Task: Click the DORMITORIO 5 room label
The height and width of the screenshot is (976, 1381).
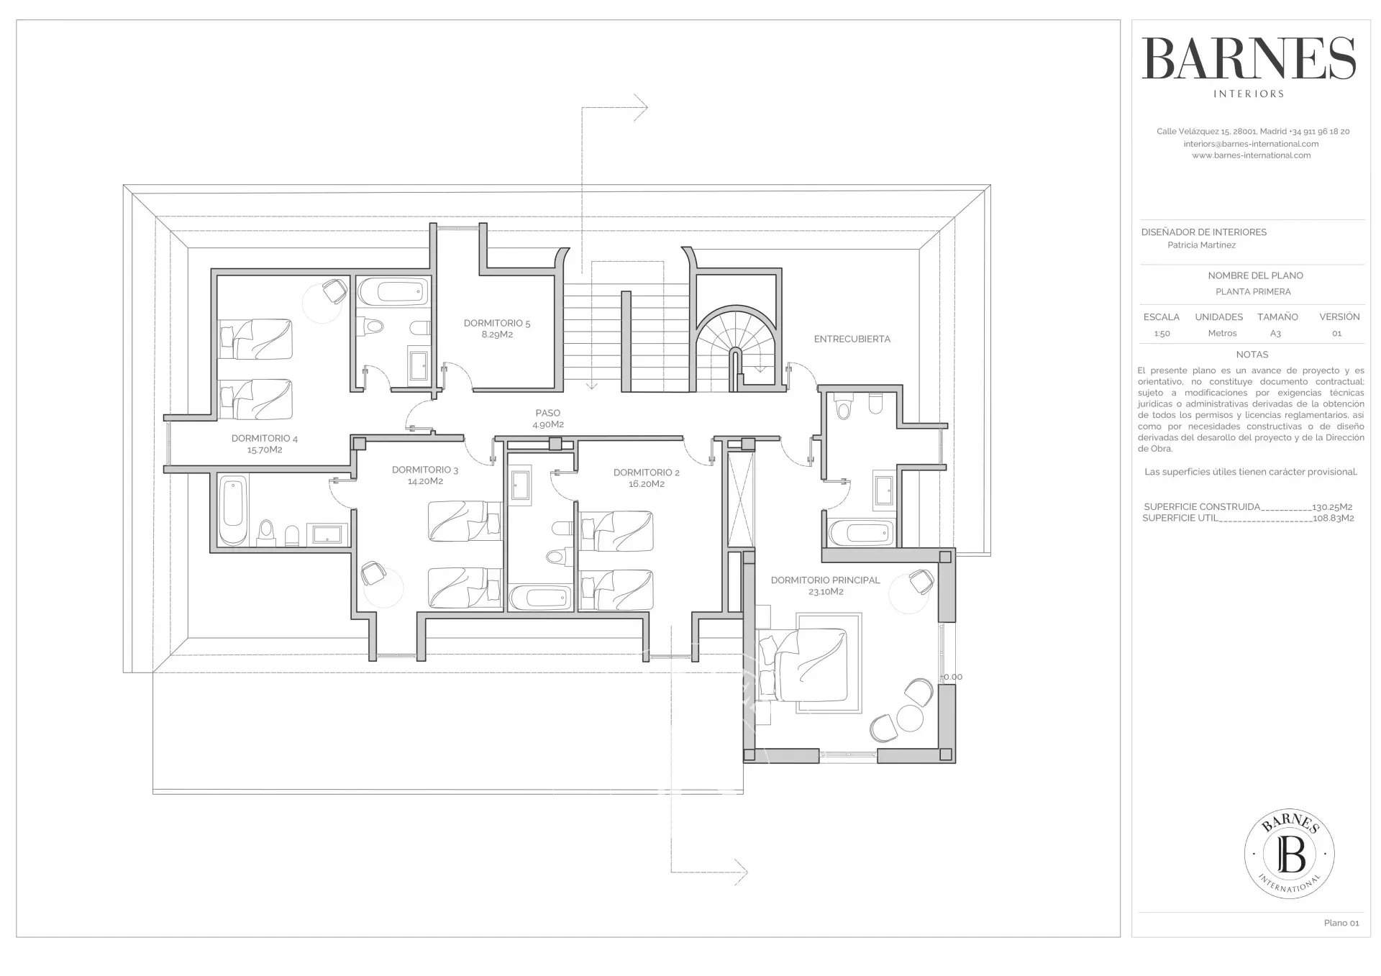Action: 497,329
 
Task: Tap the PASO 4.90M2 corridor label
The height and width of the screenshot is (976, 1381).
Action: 548,419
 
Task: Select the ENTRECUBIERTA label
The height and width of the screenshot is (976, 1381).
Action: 852,339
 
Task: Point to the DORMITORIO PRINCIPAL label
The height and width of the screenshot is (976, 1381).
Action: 825,585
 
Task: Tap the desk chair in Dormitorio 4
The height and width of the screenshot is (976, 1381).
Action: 333,291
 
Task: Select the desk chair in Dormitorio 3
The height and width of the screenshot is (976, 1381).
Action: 373,573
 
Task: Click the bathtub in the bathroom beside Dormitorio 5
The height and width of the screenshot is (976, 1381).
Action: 393,291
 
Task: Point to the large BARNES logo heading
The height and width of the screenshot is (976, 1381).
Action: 1249,59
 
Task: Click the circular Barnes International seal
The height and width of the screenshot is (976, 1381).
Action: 1290,854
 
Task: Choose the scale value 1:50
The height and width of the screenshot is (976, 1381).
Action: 1162,334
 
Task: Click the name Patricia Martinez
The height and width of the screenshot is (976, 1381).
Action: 1201,245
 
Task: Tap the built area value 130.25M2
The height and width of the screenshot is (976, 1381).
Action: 1332,507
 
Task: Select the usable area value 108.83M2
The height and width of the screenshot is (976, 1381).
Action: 1334,518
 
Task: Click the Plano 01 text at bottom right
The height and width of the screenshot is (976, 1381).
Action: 1341,923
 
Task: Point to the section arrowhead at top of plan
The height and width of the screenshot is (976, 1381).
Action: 641,108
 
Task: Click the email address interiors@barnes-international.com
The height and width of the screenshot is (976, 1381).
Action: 1251,144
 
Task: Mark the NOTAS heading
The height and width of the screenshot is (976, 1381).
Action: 1252,355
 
